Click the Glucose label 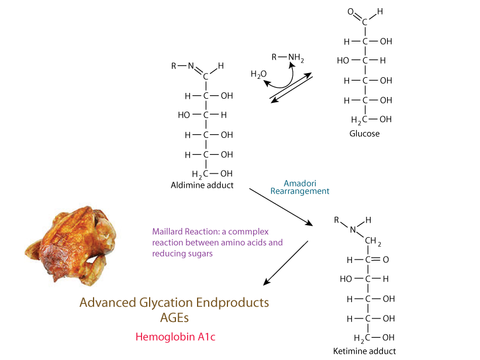pos(364,133)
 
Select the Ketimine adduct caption pos(364,351)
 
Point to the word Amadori pos(299,182)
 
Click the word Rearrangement pos(299,191)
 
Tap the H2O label pos(258,74)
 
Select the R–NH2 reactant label pos(288,57)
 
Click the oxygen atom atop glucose pos(350,11)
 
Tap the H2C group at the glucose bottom pos(357,120)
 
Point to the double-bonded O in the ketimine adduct pos(386,259)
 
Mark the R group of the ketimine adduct pos(336,220)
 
